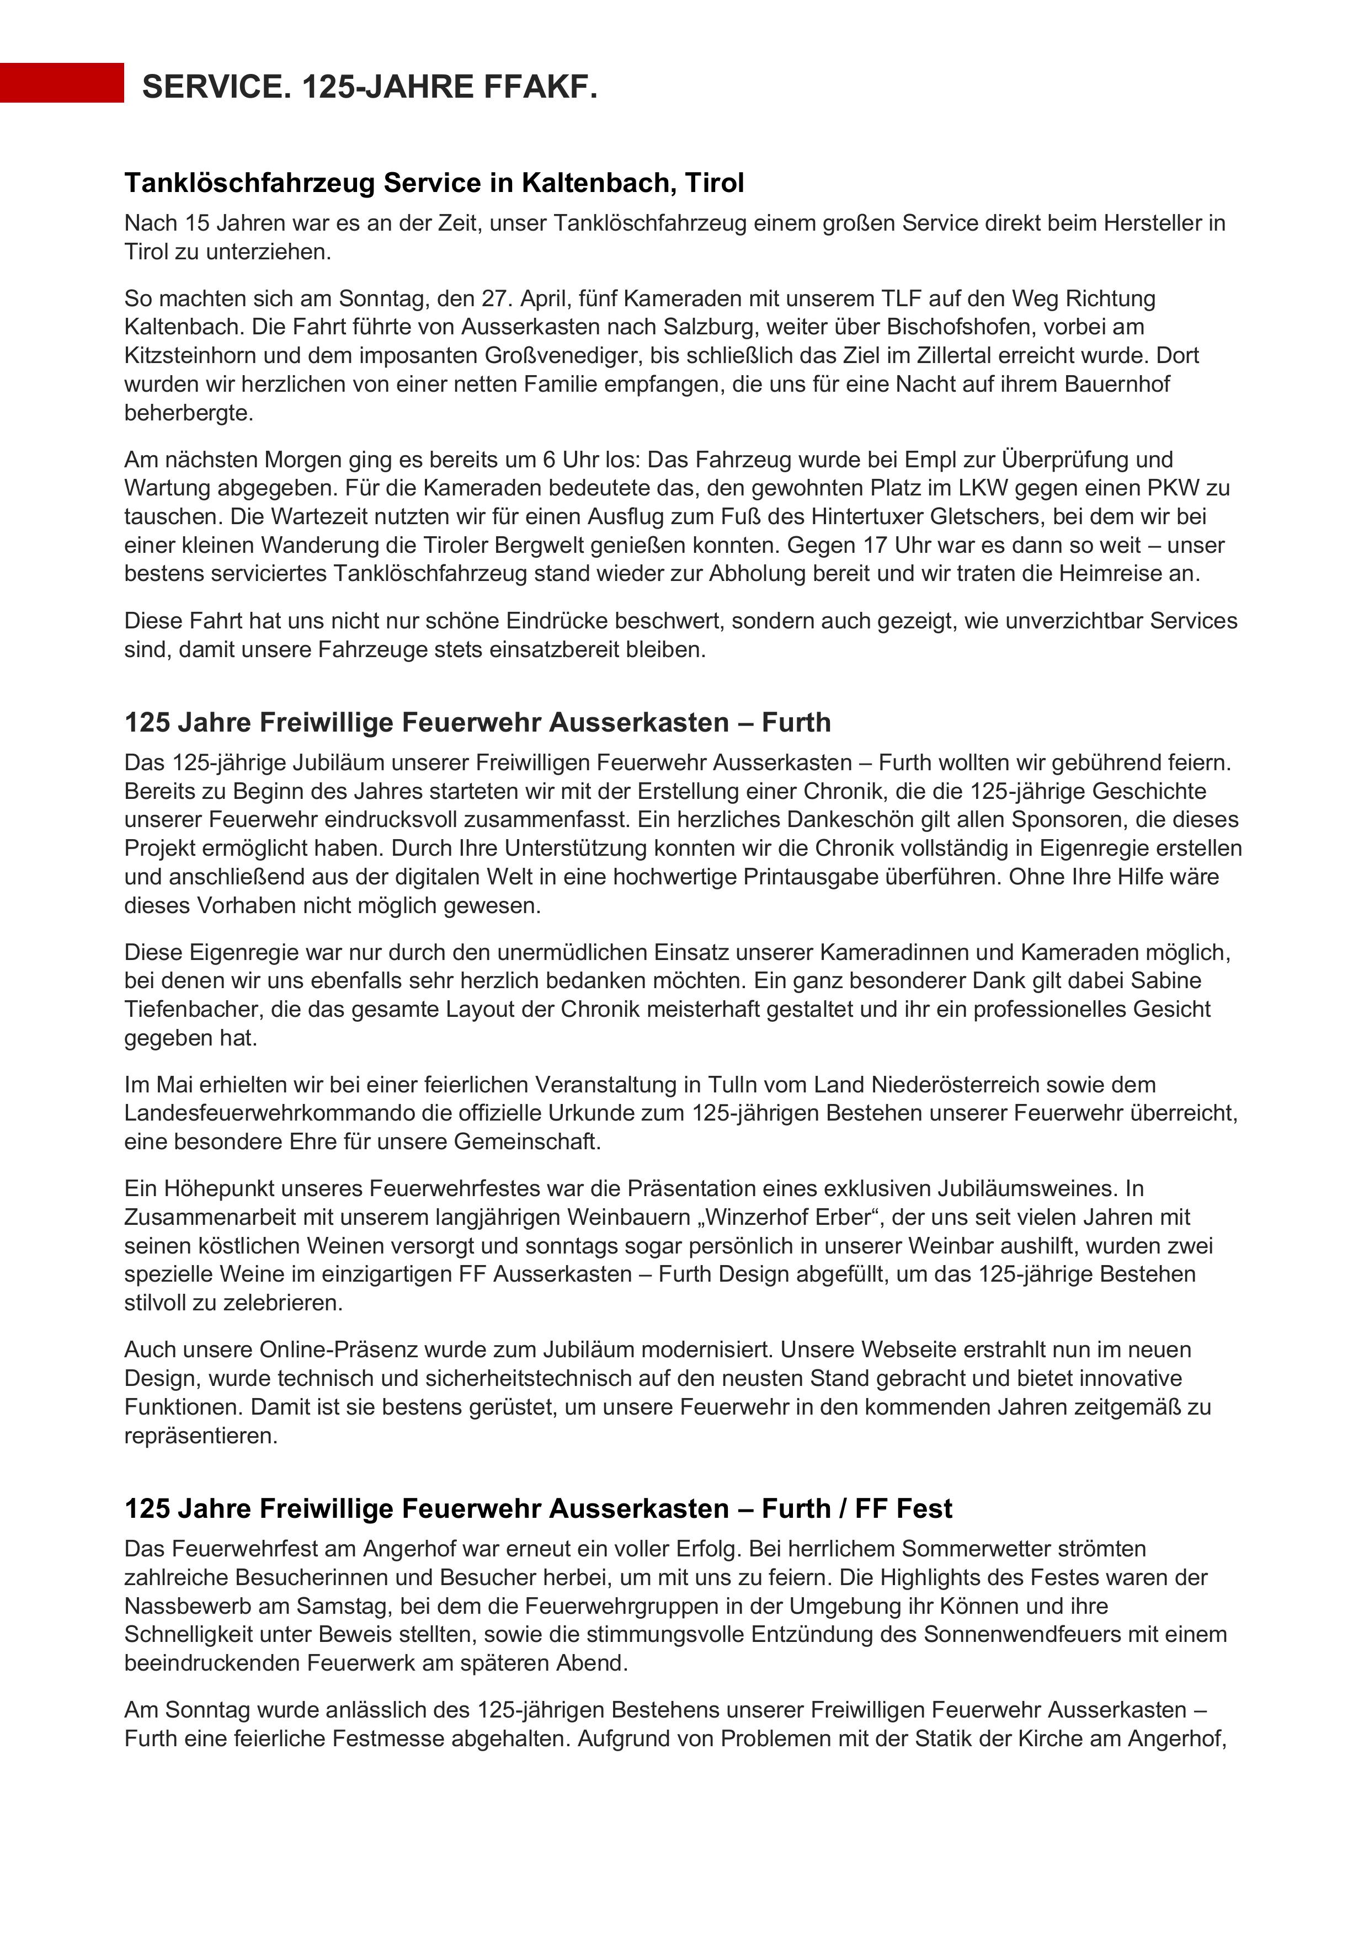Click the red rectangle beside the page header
pyautogui.click(x=62, y=83)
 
